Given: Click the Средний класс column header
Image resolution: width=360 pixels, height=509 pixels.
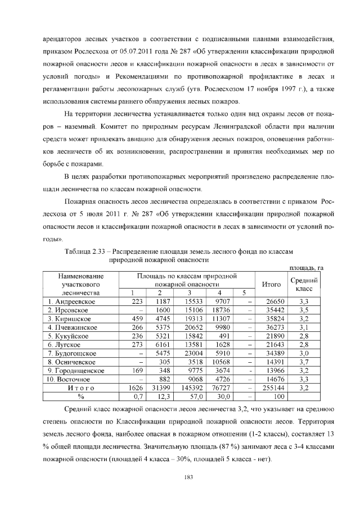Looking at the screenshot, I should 304,284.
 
